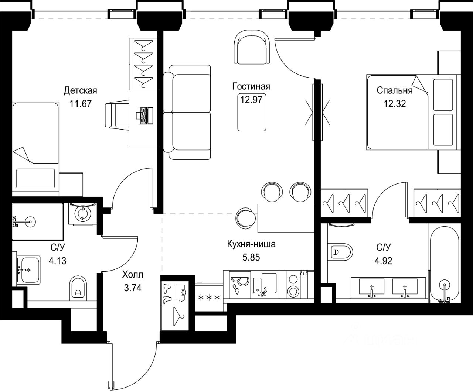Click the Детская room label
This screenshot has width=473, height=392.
[80, 90]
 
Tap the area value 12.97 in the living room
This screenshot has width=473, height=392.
[251, 100]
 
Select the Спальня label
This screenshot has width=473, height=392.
[394, 90]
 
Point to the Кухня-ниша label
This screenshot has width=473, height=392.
[251, 244]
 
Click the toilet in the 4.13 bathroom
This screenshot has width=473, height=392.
[78, 288]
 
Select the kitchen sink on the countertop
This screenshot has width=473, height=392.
[264, 282]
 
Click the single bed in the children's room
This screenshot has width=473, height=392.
[35, 148]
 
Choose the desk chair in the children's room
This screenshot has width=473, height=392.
[116, 115]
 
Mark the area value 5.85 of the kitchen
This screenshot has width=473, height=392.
[251, 257]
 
